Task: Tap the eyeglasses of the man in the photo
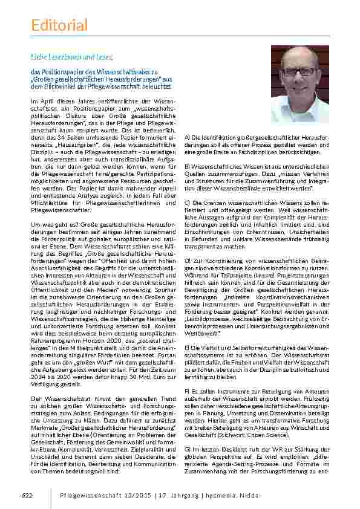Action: tap(298, 71)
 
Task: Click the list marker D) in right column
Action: tap(187, 259)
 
